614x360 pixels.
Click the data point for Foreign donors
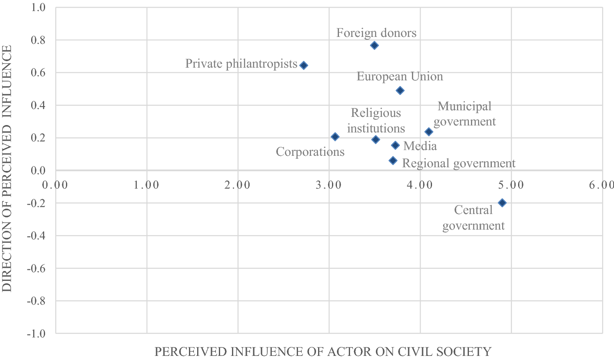pyautogui.click(x=374, y=46)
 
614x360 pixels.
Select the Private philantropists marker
pyautogui.click(x=304, y=66)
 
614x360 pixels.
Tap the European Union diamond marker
pyautogui.click(x=400, y=91)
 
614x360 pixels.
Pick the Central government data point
pyautogui.click(x=502, y=203)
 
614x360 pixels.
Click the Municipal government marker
pyautogui.click(x=429, y=132)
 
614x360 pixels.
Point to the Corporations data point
pyautogui.click(x=335, y=137)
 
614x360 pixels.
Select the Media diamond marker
pyautogui.click(x=395, y=145)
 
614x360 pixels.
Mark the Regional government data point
pyautogui.click(x=393, y=161)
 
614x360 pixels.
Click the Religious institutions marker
pyautogui.click(x=375, y=140)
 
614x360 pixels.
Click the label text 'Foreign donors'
pyautogui.click(x=376, y=33)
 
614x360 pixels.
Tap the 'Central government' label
pyautogui.click(x=473, y=218)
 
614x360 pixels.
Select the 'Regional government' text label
pyautogui.click(x=459, y=163)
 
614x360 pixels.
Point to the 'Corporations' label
pyautogui.click(x=310, y=152)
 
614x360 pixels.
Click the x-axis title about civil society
pyautogui.click(x=323, y=352)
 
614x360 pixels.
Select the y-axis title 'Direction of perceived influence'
pyautogui.click(x=7, y=169)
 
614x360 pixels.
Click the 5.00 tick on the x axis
pyautogui.click(x=511, y=185)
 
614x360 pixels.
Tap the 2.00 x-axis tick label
pyautogui.click(x=238, y=185)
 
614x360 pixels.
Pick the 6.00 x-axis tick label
pyautogui.click(x=602, y=185)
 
